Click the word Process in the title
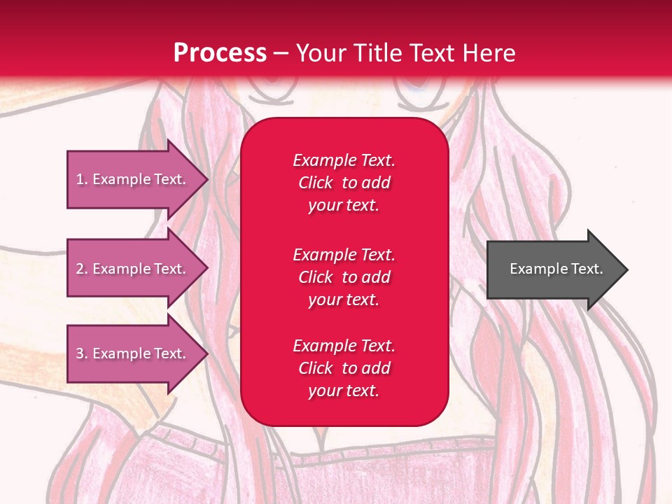click(220, 53)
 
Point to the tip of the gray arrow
click(626, 269)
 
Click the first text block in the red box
click(344, 183)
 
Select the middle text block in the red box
click(344, 277)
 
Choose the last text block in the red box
click(344, 368)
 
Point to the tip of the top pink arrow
click(207, 179)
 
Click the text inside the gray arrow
click(556, 269)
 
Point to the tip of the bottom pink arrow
click(207, 353)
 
